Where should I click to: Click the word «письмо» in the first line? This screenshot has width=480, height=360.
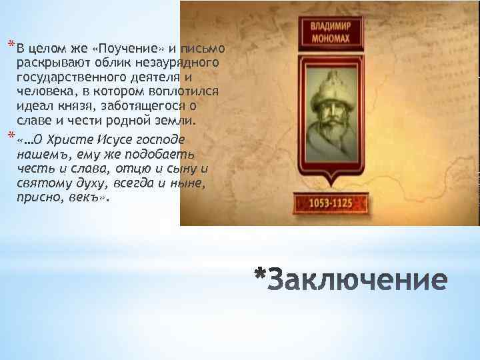pyautogui.click(x=207, y=49)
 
